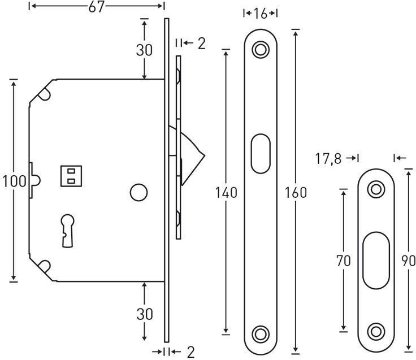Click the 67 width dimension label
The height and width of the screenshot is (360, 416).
[96, 7]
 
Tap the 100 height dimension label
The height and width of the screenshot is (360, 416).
[14, 181]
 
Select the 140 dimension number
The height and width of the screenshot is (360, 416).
[226, 193]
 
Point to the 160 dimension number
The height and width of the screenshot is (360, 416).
[296, 193]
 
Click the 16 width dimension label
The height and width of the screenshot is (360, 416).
[260, 14]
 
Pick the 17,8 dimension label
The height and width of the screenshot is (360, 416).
[328, 159]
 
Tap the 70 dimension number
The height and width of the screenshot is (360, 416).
[344, 261]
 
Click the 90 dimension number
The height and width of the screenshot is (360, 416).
[409, 261]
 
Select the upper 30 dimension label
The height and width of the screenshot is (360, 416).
[144, 50]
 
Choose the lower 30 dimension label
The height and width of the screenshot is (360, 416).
[145, 314]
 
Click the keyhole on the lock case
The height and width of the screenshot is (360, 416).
[67, 230]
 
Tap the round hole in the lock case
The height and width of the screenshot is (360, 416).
[138, 192]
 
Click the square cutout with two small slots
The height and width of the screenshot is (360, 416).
[71, 176]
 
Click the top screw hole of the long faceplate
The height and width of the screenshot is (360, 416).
[260, 50]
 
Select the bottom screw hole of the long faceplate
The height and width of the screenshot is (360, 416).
[260, 334]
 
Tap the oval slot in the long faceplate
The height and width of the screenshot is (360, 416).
[261, 154]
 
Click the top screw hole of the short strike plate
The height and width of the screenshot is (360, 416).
[376, 189]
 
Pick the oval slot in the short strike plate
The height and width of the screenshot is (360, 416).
[376, 260]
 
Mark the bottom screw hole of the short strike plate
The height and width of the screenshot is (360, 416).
[376, 331]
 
